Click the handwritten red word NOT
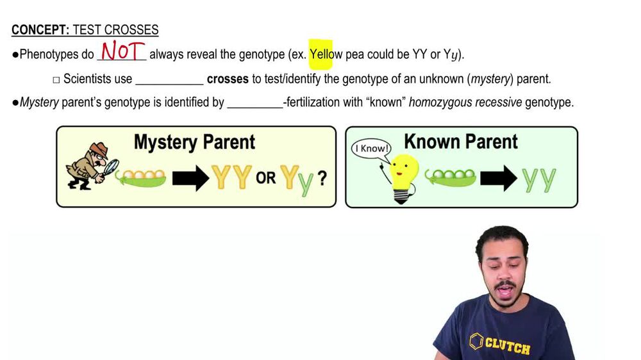[122, 51]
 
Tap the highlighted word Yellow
[326, 54]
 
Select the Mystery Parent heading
[194, 142]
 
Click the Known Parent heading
[460, 142]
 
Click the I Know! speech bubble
[371, 149]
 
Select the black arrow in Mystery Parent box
[190, 178]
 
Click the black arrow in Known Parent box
[499, 178]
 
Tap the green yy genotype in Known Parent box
[538, 180]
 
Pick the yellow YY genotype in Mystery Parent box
[231, 177]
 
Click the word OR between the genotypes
[266, 178]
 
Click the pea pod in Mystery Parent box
[141, 178]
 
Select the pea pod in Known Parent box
[451, 177]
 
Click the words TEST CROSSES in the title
[115, 30]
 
